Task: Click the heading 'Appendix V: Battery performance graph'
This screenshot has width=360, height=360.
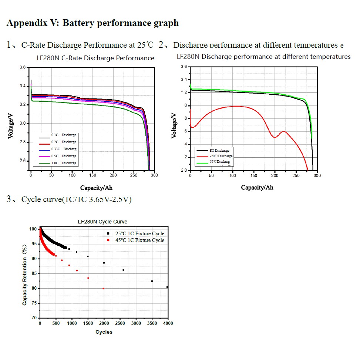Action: (x=92, y=23)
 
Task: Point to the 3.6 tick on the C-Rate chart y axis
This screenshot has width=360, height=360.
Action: (x=23, y=68)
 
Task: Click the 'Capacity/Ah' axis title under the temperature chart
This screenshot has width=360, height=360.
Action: (x=257, y=188)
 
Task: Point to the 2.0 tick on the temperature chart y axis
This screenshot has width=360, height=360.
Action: (x=184, y=171)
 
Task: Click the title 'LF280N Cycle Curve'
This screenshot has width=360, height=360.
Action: (x=102, y=222)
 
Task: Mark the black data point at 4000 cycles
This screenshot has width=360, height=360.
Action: (x=168, y=287)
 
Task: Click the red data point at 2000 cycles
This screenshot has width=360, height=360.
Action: (x=103, y=289)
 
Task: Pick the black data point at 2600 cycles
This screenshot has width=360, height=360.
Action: (x=123, y=270)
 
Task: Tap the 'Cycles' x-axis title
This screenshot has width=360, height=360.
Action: (x=104, y=332)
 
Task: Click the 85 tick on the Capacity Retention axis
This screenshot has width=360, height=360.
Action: (x=33, y=274)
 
